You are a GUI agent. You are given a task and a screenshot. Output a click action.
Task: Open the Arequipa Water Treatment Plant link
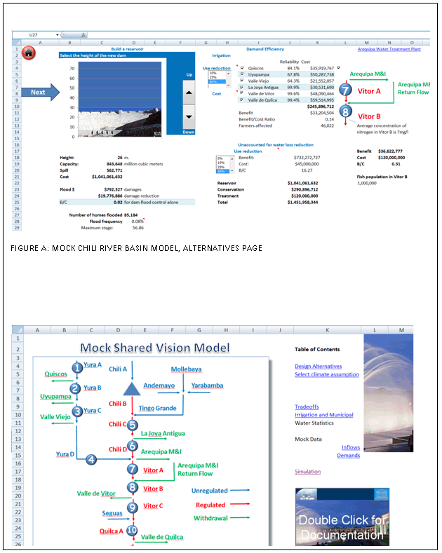389,50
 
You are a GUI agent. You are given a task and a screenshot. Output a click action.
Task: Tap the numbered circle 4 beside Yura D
91,460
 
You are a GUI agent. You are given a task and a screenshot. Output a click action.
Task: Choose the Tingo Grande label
157,408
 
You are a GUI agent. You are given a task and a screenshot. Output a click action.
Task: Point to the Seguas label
112,513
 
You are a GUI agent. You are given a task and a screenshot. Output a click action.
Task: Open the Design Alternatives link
318,366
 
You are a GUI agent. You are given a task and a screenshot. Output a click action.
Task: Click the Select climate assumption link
326,374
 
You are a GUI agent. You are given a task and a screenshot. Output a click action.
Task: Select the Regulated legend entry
210,505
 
